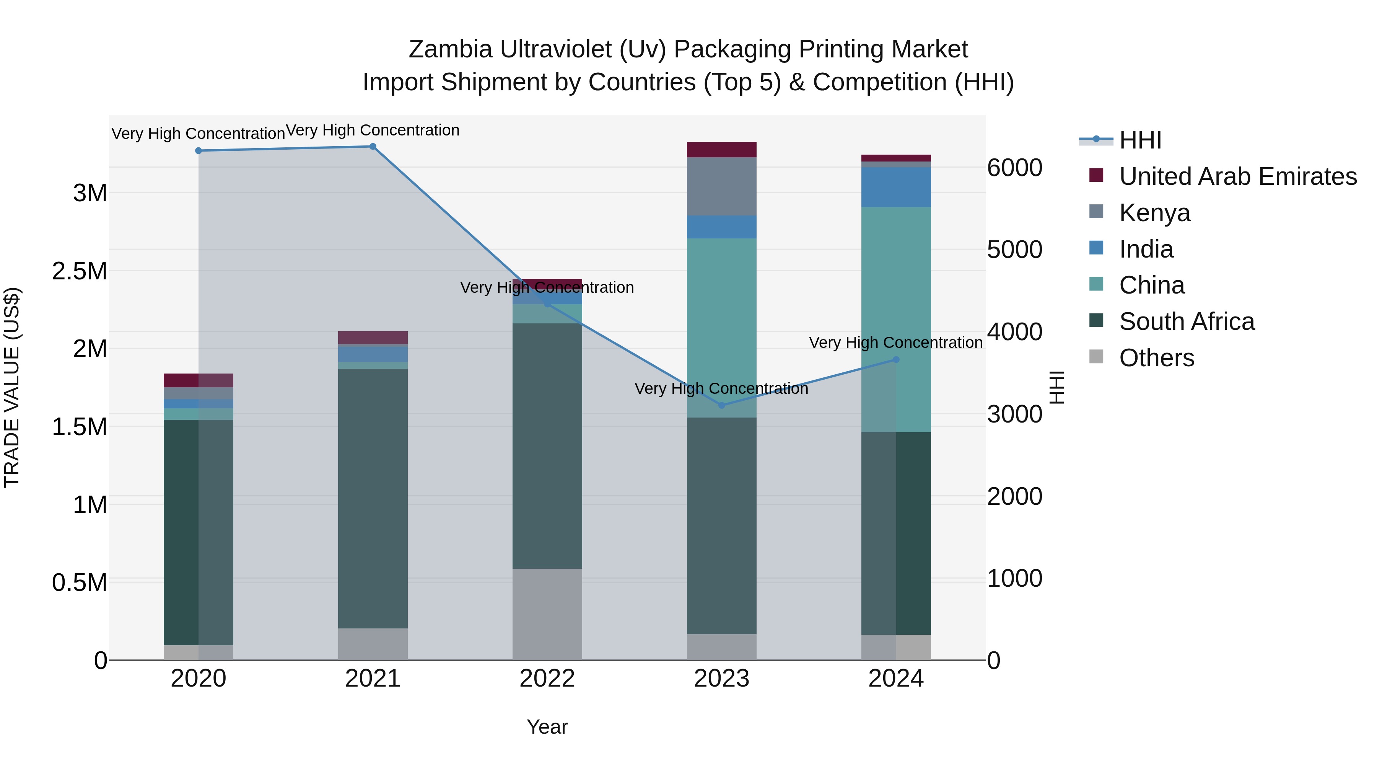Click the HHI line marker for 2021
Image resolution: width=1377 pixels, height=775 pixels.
tap(373, 147)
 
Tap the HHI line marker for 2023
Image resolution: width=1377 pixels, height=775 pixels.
tap(722, 405)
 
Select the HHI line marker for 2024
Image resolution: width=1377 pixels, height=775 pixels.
tap(896, 360)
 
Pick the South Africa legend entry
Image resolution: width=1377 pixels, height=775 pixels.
tap(1186, 321)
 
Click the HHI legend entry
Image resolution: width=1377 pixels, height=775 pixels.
tap(1140, 140)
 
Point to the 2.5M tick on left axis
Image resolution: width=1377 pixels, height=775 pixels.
tap(80, 271)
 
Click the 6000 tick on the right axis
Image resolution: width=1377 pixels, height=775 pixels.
tap(1014, 168)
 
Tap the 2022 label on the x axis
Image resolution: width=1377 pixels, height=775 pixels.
tap(547, 679)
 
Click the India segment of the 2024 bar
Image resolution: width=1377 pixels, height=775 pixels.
tap(896, 187)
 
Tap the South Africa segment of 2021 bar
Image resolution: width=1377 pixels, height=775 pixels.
tap(373, 498)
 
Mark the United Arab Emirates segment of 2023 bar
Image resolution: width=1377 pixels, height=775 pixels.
tap(722, 150)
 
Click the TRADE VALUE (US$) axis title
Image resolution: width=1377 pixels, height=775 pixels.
tap(12, 387)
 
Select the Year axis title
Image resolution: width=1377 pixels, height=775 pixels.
tap(547, 727)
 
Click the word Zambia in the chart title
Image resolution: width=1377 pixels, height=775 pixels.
tap(450, 50)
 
